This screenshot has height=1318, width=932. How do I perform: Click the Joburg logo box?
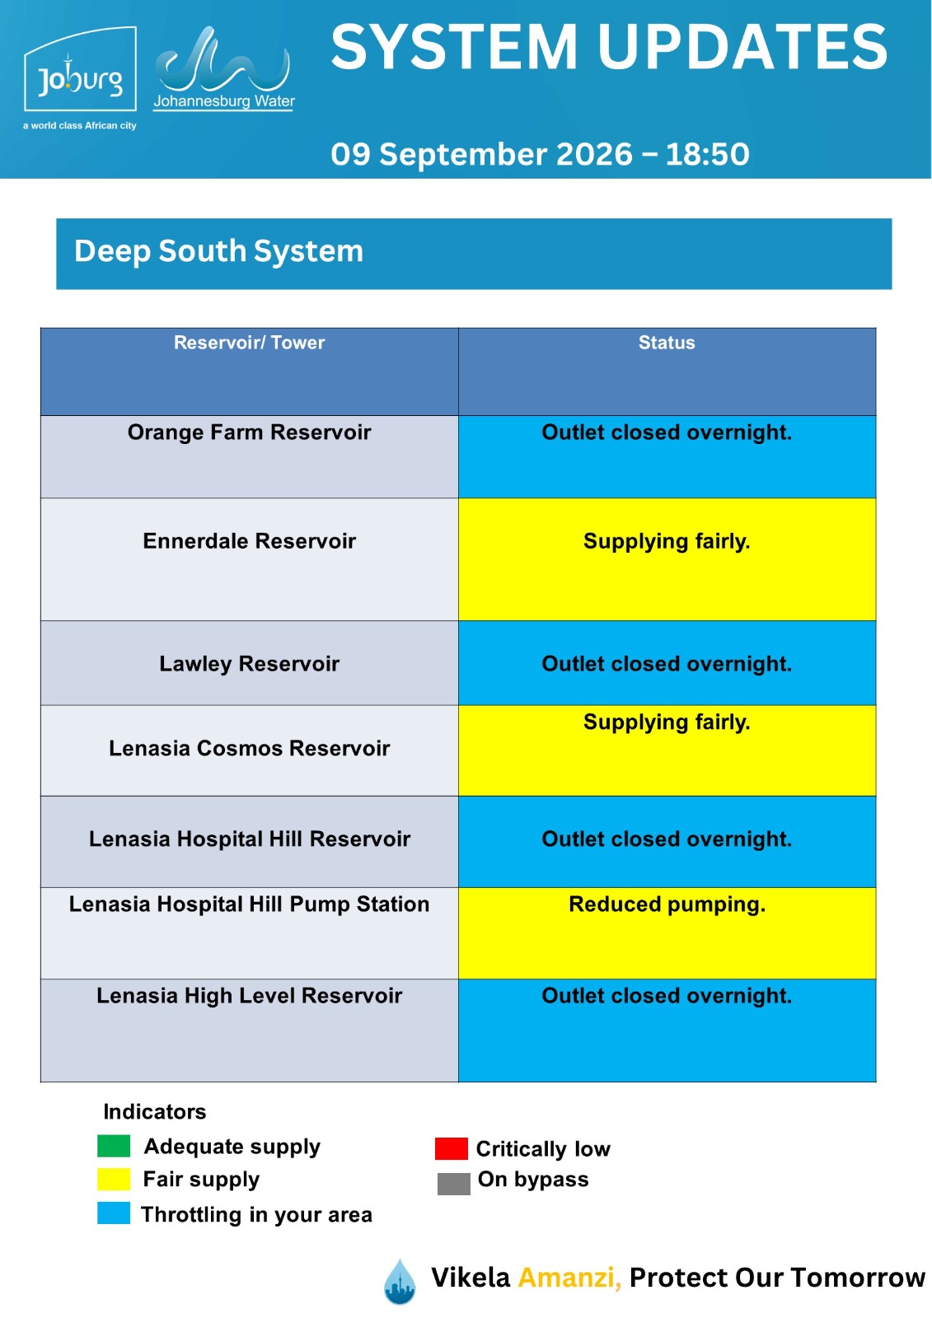coord(80,69)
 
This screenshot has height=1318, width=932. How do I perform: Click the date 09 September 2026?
coord(481,154)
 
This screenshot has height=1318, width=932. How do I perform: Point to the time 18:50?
coord(707,154)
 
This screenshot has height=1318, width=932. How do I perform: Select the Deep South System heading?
coord(218,251)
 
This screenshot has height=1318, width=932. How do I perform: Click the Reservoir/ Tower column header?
coord(249,343)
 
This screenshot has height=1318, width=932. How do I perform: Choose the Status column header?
coord(667,343)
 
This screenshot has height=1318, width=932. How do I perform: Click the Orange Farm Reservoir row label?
coord(249,432)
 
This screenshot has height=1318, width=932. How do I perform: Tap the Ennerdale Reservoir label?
coord(249,540)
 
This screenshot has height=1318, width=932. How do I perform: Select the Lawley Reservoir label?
coord(249,664)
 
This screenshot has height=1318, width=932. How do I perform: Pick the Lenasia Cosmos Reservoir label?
coord(249,748)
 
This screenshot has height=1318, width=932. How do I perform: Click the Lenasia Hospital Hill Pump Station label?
coord(249,904)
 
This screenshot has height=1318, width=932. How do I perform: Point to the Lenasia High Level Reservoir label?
coord(249,995)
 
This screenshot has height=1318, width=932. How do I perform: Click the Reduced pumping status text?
coord(667,904)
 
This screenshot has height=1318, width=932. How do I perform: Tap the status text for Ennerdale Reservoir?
coord(667,541)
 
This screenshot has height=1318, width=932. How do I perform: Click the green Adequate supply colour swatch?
coord(114,1146)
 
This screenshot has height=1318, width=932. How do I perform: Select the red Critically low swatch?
coord(451,1148)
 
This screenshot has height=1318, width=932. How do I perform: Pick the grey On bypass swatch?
coord(453,1183)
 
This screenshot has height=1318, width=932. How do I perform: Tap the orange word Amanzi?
coord(569,1278)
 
